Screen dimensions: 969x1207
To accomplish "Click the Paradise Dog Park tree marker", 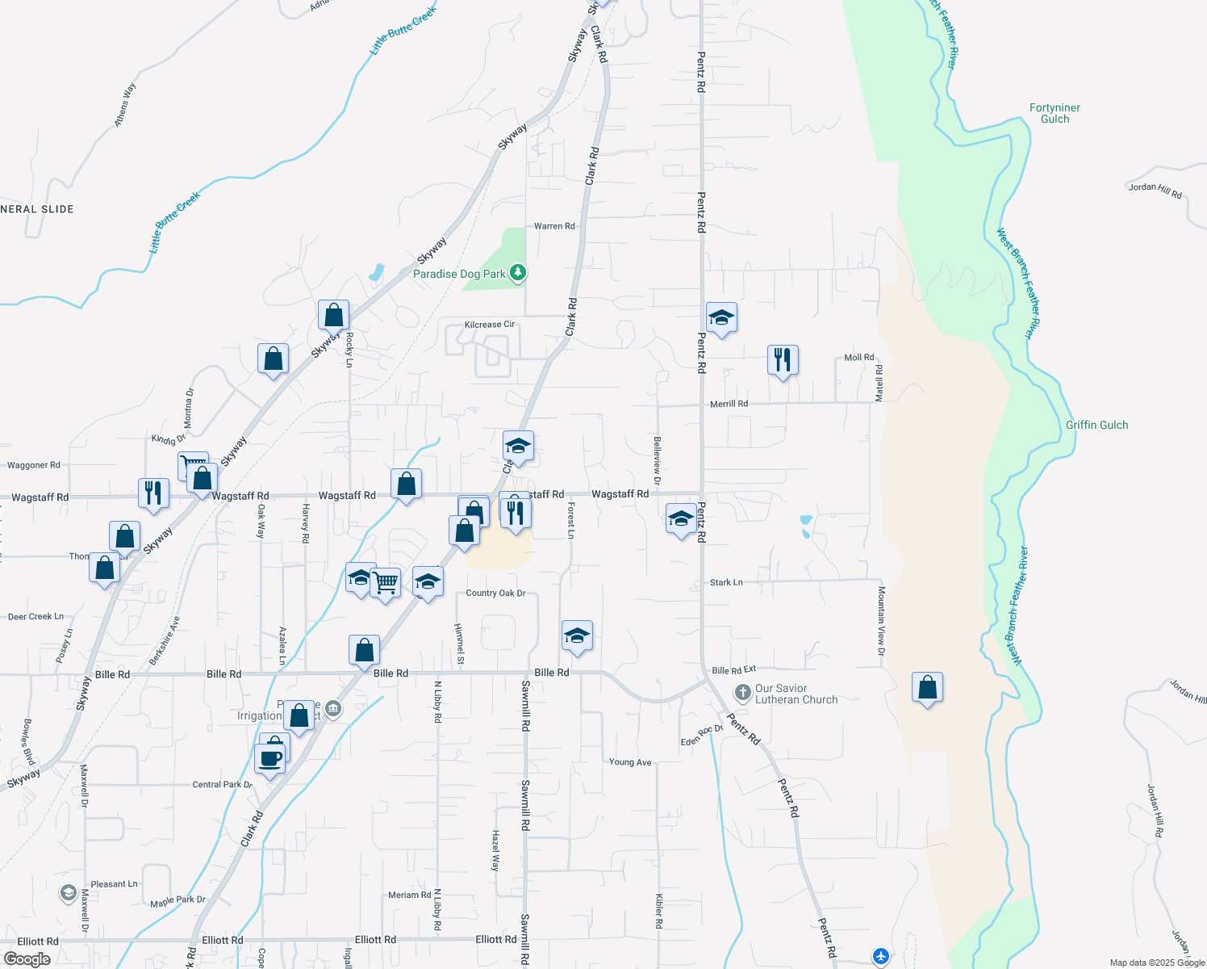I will pyautogui.click(x=518, y=273).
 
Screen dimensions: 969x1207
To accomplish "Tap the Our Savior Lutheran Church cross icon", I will pyautogui.click(x=742, y=694).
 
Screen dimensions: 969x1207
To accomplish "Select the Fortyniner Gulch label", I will pyautogui.click(x=1055, y=113).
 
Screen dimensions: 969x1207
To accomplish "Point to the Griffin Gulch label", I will pyautogui.click(x=1096, y=425).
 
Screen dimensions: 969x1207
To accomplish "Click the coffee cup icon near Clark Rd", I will pyautogui.click(x=269, y=759).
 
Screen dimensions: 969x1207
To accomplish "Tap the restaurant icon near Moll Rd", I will pyautogui.click(x=783, y=359).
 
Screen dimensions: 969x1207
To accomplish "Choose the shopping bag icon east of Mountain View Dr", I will pyautogui.click(x=928, y=687).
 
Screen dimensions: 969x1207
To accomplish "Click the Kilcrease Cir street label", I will pyautogui.click(x=489, y=325).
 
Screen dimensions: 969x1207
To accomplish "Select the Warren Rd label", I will pyautogui.click(x=554, y=226).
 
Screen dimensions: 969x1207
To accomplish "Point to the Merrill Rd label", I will pyautogui.click(x=729, y=404).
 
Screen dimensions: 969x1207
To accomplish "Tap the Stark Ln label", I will pyautogui.click(x=726, y=582).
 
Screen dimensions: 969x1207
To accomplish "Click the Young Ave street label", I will pyautogui.click(x=630, y=762).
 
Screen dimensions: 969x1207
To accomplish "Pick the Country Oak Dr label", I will pyautogui.click(x=495, y=594).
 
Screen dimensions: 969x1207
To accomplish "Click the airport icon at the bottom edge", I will pyautogui.click(x=880, y=956).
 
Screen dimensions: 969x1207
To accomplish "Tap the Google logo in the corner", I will pyautogui.click(x=27, y=959).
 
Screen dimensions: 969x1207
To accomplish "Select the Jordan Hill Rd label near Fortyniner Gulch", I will pyautogui.click(x=1155, y=191).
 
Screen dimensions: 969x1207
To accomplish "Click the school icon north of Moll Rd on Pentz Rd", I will pyautogui.click(x=721, y=318).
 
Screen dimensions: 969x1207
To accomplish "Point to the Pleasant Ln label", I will pyautogui.click(x=114, y=884).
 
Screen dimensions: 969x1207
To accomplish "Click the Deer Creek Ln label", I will pyautogui.click(x=35, y=617).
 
